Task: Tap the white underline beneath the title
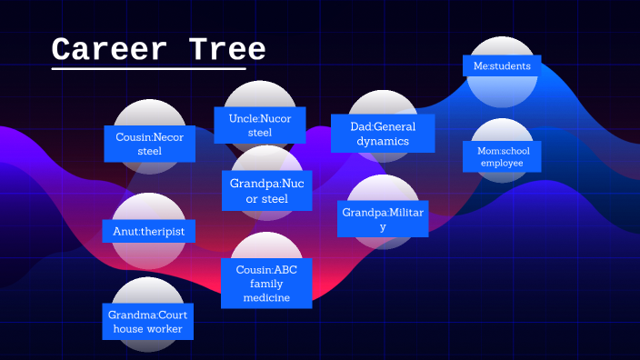coord(148,68)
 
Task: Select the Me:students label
coord(501,65)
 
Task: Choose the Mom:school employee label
coord(502,156)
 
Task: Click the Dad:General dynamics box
coord(383,134)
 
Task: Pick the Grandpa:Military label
coord(383,219)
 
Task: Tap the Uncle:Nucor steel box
coord(260,125)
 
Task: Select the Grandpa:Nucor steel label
coord(267,191)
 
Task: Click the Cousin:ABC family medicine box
coord(266,282)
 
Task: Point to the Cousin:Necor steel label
coord(149,144)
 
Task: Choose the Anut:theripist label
coord(149,232)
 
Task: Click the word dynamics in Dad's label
coord(383,142)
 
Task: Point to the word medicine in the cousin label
coord(266,297)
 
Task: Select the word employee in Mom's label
coord(502,163)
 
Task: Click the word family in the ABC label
coord(266,283)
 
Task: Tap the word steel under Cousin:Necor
coord(149,151)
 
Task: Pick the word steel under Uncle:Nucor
coord(260,133)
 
